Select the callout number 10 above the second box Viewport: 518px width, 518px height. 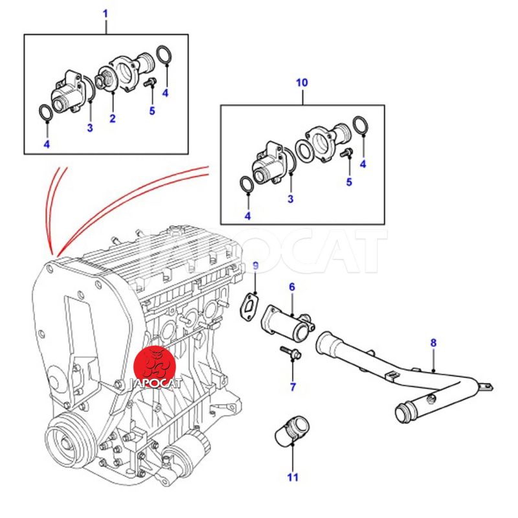[x=302, y=83]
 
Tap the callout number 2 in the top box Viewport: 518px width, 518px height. [x=112, y=118]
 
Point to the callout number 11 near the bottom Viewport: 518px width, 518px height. [x=293, y=478]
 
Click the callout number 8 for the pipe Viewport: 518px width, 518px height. [x=433, y=343]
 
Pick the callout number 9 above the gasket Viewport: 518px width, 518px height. [x=255, y=265]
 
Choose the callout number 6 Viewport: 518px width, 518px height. [x=291, y=286]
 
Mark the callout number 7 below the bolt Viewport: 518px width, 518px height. [x=293, y=387]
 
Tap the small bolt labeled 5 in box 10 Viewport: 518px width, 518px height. [x=348, y=152]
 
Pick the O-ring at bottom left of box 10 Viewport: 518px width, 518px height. [x=247, y=185]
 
